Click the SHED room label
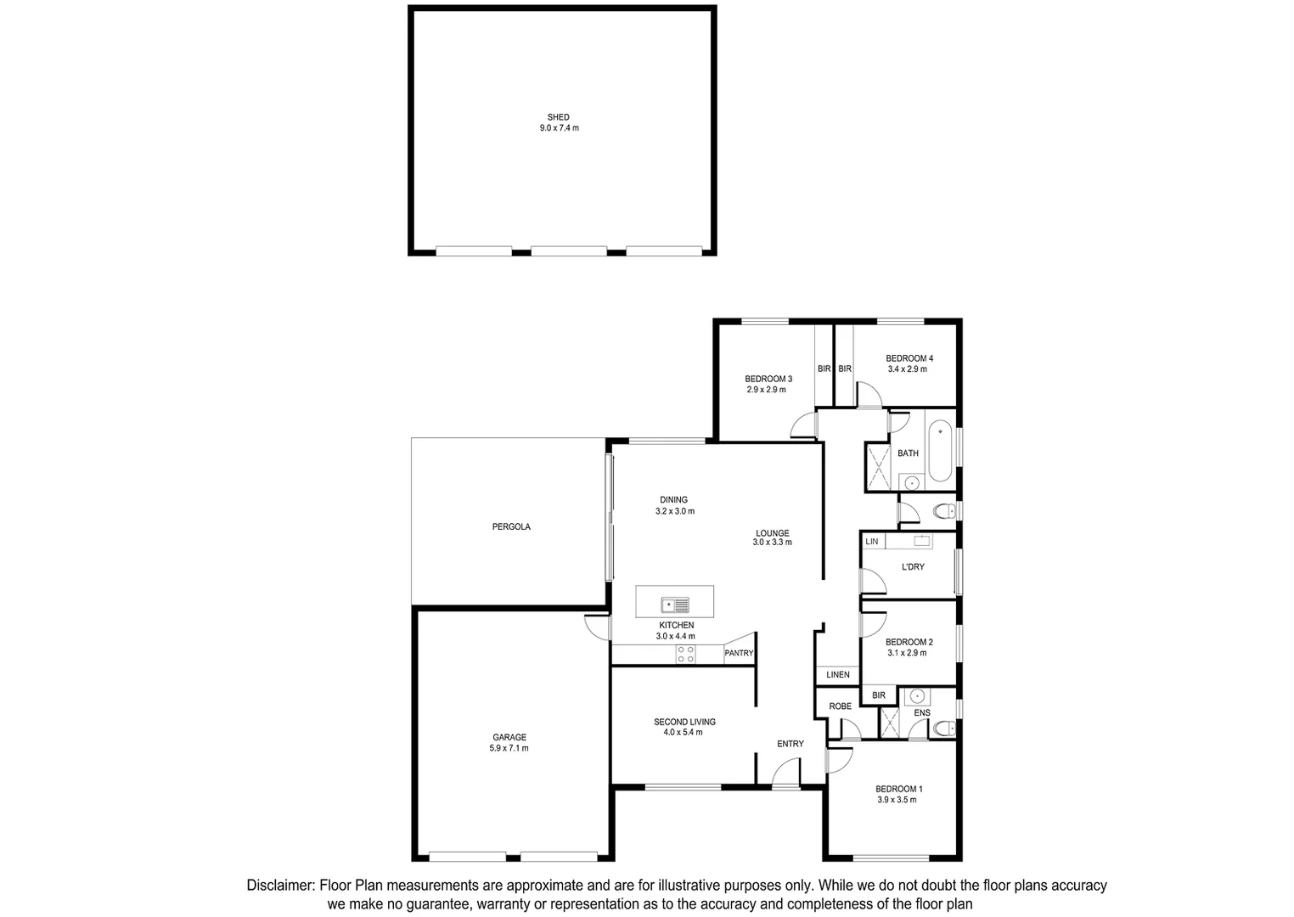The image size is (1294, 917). [x=558, y=117]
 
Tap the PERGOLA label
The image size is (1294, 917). [x=511, y=526]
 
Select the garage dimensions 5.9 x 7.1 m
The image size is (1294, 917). [x=509, y=748]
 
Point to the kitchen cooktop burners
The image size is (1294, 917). [x=685, y=654]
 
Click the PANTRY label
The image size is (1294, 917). [x=738, y=653]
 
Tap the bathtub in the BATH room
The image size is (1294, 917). [x=939, y=450]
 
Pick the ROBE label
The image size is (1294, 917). [x=840, y=706]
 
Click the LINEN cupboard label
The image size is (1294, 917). [x=837, y=675]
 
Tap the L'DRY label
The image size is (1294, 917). [x=913, y=566]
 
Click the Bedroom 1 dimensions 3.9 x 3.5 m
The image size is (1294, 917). [x=897, y=800]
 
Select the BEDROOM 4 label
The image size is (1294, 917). [x=909, y=358]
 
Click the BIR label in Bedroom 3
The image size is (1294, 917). [x=824, y=368]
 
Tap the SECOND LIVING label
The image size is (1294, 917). [x=684, y=722]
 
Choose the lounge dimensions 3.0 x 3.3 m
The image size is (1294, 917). [x=772, y=542]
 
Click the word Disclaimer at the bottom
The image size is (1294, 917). [x=280, y=885]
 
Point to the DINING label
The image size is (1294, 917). [x=673, y=499]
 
